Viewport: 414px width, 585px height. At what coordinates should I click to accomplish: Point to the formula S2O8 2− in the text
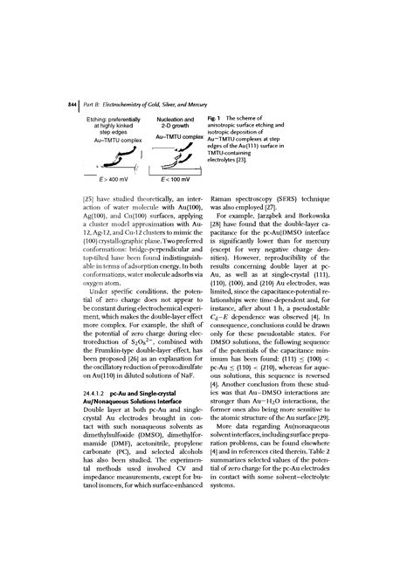pos(150,324)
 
